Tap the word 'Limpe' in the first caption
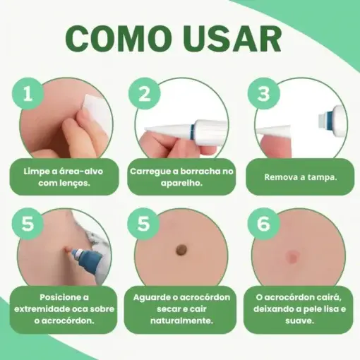pyautogui.click(x=35, y=171)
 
